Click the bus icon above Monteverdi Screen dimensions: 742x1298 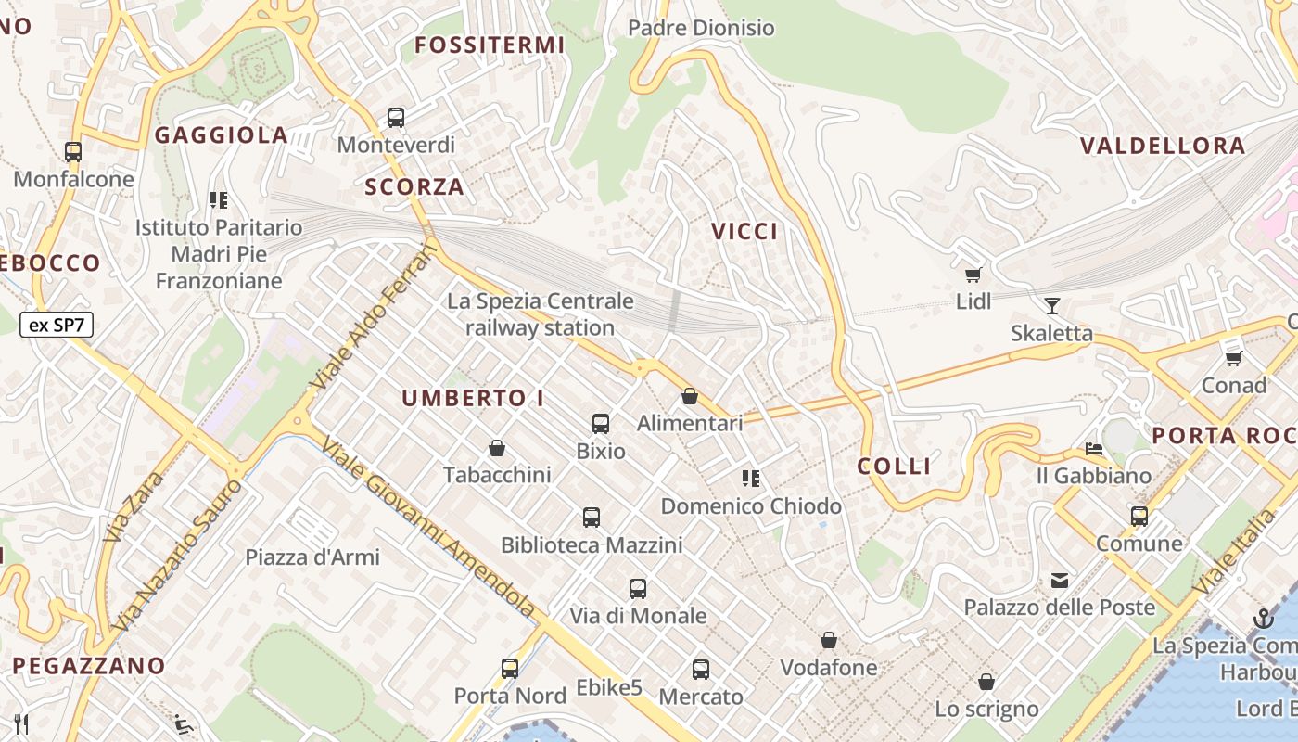click(396, 118)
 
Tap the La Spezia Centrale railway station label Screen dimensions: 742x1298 click(541, 314)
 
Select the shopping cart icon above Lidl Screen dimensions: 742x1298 click(973, 275)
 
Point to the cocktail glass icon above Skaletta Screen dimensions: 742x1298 click(1051, 306)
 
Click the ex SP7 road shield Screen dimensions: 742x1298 click(57, 325)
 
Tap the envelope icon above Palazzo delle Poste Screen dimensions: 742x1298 click(1059, 582)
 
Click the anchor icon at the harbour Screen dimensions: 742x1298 click(1263, 619)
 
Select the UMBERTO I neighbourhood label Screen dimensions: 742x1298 click(473, 399)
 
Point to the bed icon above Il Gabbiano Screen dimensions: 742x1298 click(1094, 450)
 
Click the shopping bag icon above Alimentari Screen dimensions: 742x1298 click(690, 397)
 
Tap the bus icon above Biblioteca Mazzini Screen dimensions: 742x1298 click(592, 518)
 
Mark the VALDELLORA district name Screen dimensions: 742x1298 click(1163, 146)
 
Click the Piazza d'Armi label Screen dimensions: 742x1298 click(312, 557)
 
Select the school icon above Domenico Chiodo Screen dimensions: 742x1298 click(751, 479)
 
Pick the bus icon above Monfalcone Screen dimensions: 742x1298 click(73, 152)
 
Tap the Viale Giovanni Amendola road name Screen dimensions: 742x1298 click(427, 528)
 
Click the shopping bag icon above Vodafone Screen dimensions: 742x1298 click(829, 641)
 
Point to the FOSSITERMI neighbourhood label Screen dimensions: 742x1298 click(490, 45)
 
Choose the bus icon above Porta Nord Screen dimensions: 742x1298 click(510, 669)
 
